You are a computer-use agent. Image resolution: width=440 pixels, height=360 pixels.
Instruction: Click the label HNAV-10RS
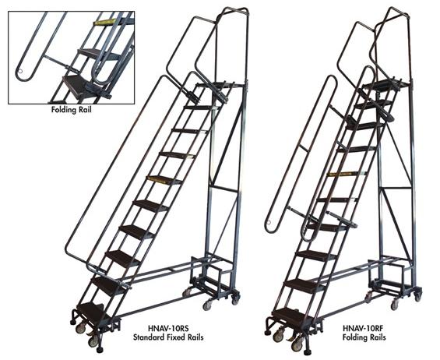(168, 328)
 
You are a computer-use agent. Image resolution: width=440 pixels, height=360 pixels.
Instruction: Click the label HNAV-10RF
(364, 328)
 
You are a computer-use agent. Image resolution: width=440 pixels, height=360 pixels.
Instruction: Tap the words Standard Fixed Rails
(168, 337)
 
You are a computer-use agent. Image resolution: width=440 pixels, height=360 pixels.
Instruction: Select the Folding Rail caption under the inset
(72, 110)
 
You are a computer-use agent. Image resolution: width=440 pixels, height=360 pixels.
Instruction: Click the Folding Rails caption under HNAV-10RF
(364, 337)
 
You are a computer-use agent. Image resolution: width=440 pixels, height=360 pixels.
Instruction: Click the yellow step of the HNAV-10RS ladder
(164, 180)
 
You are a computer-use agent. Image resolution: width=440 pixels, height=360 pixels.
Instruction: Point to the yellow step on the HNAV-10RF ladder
(347, 174)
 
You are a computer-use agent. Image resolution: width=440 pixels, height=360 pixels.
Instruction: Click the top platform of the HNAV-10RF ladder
(382, 84)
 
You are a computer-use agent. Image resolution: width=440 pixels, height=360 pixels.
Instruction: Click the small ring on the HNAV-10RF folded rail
(269, 223)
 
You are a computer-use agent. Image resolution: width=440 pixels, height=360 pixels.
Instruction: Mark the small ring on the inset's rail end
(20, 72)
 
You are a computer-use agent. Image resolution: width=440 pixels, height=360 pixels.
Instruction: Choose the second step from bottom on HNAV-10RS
(109, 284)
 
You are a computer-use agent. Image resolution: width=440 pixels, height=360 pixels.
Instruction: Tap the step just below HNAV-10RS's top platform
(200, 108)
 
